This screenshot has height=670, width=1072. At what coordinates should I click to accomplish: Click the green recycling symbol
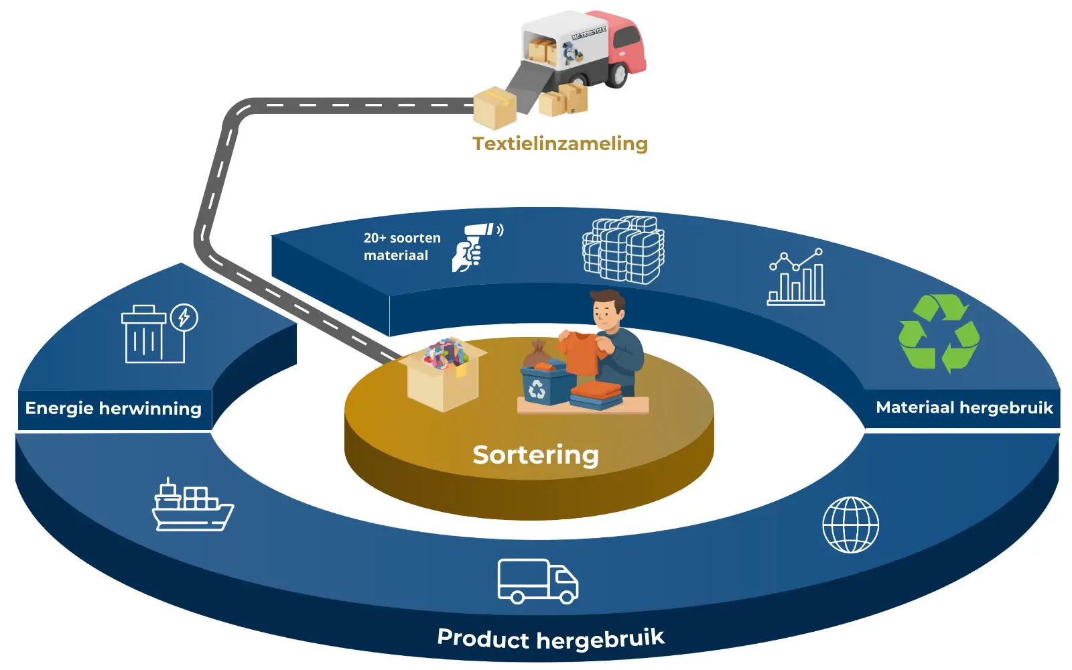tap(938, 333)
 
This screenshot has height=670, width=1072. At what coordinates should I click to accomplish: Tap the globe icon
tap(850, 525)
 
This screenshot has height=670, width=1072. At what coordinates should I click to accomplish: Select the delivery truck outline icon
tap(537, 581)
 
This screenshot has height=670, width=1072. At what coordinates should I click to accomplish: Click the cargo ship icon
tap(192, 507)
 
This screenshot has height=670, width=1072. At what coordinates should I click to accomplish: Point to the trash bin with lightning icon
tap(158, 334)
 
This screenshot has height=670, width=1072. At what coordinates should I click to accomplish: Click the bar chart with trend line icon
tap(796, 277)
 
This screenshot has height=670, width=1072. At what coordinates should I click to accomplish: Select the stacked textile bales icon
tap(623, 250)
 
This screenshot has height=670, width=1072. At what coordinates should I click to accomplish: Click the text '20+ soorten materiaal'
tap(402, 247)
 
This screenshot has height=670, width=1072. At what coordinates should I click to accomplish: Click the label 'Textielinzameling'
tap(560, 143)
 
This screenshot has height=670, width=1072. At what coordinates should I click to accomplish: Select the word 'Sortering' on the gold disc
tap(535, 455)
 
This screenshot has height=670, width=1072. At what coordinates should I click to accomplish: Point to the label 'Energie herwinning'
tap(113, 409)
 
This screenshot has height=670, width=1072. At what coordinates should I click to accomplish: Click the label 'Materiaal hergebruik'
tap(964, 407)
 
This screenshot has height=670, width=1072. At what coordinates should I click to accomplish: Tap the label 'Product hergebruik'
tap(551, 639)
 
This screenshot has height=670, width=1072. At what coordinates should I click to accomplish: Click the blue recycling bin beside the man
tap(545, 386)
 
